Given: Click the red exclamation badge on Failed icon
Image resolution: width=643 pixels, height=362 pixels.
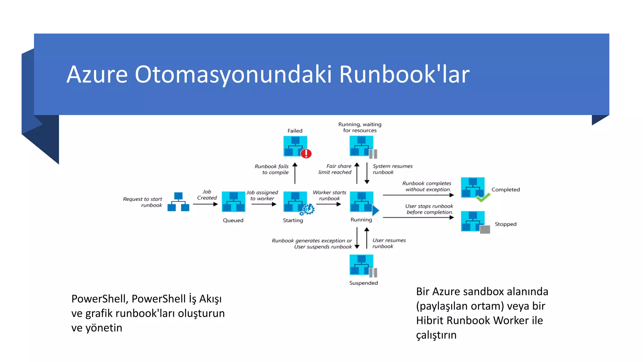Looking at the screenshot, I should pyautogui.click(x=306, y=154).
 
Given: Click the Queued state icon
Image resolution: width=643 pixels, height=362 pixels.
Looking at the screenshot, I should pyautogui.click(x=233, y=202).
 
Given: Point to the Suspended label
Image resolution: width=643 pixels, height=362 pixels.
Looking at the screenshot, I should pyautogui.click(x=364, y=283).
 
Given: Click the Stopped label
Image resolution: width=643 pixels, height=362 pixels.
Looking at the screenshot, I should pyautogui.click(x=505, y=224).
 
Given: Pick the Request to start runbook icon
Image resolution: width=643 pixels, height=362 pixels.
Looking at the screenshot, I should pyautogui.click(x=178, y=202).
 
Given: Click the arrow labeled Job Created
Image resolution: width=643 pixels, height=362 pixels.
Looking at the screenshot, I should pyautogui.click(x=205, y=204).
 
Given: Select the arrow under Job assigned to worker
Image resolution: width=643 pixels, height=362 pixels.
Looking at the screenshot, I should pyautogui.click(x=264, y=204).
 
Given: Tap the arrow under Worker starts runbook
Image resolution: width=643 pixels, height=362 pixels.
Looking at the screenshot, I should pyautogui.click(x=329, y=204).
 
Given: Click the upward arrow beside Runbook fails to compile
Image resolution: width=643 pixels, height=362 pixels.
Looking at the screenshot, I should pyautogui.click(x=295, y=173).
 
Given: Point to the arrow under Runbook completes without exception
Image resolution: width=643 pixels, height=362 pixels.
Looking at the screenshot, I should pyautogui.click(x=418, y=195).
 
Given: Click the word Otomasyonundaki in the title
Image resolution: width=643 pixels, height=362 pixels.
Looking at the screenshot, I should pyautogui.click(x=233, y=74).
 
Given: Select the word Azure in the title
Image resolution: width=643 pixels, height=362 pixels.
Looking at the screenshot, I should pyautogui.click(x=97, y=74).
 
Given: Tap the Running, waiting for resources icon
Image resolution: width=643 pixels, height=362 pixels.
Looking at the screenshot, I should pyautogui.click(x=362, y=146).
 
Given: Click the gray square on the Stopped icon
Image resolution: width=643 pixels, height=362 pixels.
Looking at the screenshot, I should pyautogui.click(x=485, y=229).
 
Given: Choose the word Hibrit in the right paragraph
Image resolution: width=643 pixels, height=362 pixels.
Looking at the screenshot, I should pyautogui.click(x=430, y=321).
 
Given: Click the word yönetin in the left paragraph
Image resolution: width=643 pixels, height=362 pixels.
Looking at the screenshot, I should pyautogui.click(x=104, y=328).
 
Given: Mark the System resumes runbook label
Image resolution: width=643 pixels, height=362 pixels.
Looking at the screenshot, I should pyautogui.click(x=392, y=169).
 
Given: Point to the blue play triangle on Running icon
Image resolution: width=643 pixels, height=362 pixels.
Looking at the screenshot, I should pyautogui.click(x=376, y=210).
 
